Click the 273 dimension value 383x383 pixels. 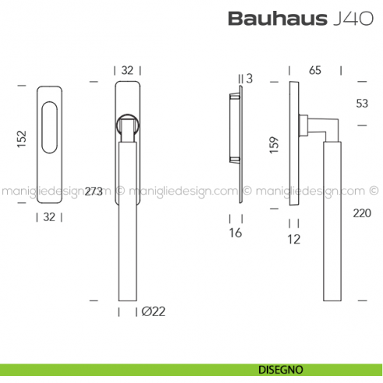(x=93, y=191)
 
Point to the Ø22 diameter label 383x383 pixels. (x=153, y=312)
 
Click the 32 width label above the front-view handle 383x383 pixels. (x=128, y=69)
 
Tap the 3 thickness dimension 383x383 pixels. (x=249, y=78)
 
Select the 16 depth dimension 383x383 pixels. (x=236, y=233)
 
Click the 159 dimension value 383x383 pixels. (x=272, y=146)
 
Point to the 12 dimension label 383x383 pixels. (x=293, y=240)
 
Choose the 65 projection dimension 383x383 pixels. (x=315, y=70)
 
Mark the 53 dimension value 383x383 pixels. (x=361, y=103)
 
